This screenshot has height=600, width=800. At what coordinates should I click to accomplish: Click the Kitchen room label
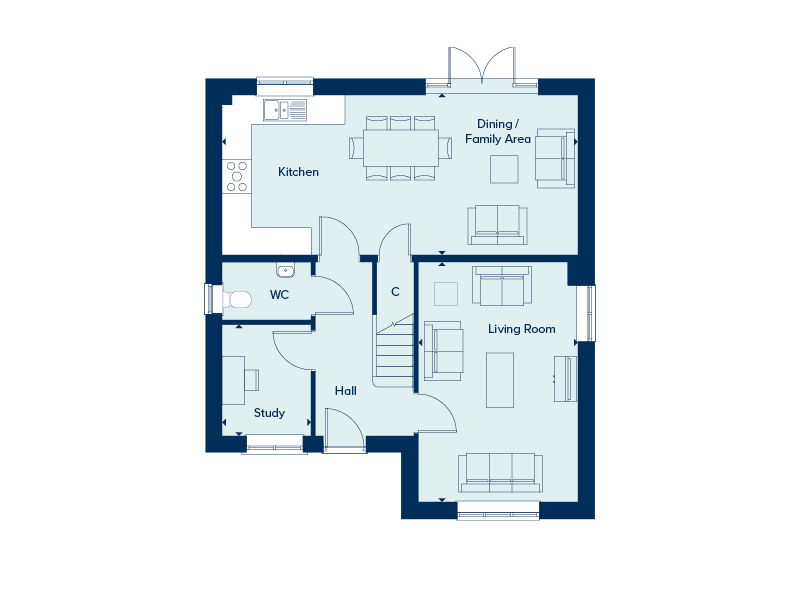pos(298,172)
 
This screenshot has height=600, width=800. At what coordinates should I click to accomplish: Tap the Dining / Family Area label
pos(498,131)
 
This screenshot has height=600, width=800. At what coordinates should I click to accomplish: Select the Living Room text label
pos(521,329)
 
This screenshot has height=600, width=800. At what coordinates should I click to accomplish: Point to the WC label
pos(279,294)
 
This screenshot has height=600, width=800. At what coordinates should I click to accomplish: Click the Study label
pos(269,413)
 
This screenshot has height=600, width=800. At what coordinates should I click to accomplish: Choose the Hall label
pos(345,391)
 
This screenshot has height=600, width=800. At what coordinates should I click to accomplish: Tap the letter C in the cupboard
pos(395,292)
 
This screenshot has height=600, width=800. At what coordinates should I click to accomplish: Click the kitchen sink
pos(285,110)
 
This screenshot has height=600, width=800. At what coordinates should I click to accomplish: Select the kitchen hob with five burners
pos(237,176)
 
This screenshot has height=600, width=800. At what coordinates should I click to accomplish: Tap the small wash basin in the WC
pos(286,270)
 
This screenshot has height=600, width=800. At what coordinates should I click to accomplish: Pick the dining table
pos(401,148)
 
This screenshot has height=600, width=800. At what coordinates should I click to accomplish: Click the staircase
pos(394,351)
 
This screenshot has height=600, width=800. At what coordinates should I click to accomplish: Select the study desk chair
pos(252,380)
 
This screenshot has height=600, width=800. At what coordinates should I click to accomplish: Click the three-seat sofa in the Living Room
pos(501,473)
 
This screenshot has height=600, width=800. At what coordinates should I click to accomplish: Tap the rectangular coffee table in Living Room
pos(500,380)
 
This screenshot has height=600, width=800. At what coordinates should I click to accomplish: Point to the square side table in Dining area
pos(504,169)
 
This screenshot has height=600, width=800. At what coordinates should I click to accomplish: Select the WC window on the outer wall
pos(208,298)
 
